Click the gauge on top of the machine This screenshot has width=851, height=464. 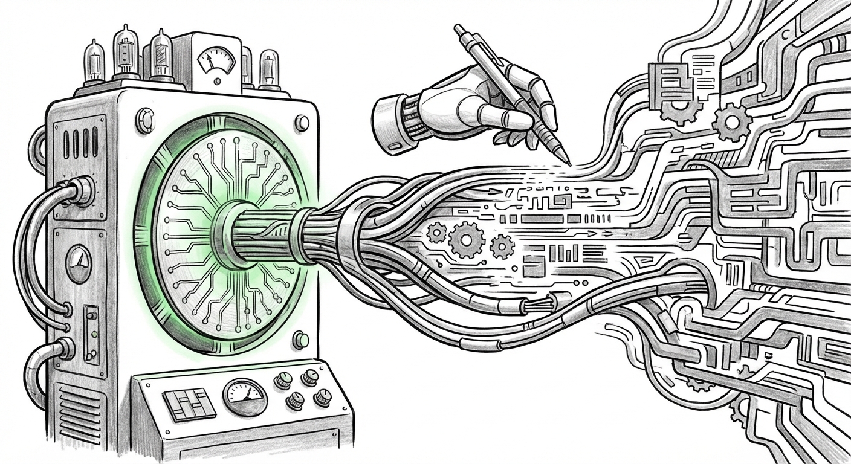216,62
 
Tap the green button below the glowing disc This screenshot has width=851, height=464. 300,340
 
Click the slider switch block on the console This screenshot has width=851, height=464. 189,404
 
